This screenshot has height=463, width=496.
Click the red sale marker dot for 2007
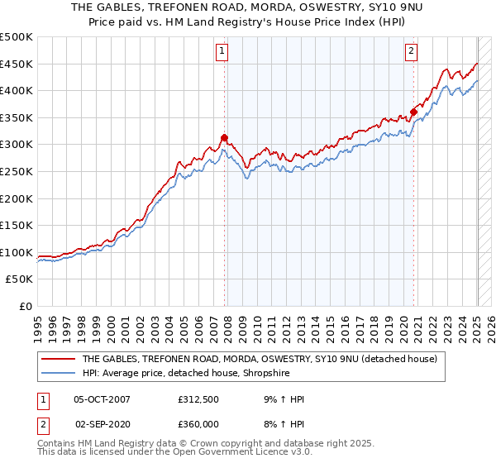pos(224,137)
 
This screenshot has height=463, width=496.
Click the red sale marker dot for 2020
pos(413,112)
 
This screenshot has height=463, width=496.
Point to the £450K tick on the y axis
pos(17,64)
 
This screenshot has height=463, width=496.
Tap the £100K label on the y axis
pos(17,252)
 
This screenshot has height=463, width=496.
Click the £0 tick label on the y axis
pos(25,306)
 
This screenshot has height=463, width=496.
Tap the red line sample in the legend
pos(59,359)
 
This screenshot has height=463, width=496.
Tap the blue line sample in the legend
pos(59,373)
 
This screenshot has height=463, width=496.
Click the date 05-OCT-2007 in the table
pos(102,399)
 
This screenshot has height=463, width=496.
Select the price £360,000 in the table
pos(198,424)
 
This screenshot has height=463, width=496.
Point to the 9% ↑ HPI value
pos(284,399)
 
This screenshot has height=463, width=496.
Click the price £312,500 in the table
pos(198,399)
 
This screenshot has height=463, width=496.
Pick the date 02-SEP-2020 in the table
pos(103,424)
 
